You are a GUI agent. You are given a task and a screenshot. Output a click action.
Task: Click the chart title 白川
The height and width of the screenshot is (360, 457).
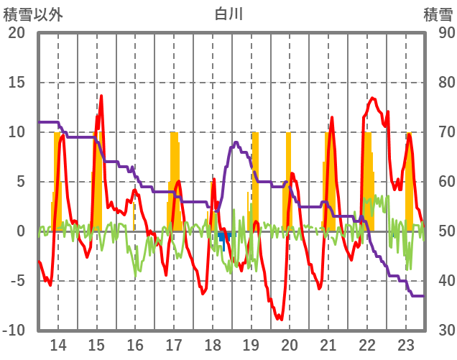click(228, 14)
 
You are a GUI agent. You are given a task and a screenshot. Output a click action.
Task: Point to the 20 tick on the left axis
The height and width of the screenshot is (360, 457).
click(17, 33)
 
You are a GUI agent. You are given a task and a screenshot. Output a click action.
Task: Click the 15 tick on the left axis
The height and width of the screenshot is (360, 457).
click(17, 83)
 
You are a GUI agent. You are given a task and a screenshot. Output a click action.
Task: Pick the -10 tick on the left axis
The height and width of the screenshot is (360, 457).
click(14, 331)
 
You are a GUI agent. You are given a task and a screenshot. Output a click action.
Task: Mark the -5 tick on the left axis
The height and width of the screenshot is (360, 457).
click(17, 281)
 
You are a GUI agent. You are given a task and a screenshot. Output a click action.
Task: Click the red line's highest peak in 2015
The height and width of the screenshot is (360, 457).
click(101, 96)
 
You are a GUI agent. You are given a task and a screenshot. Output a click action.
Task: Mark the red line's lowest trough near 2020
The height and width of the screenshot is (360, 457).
click(281, 319)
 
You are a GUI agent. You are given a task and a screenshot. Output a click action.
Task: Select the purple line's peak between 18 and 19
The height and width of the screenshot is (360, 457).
click(236, 143)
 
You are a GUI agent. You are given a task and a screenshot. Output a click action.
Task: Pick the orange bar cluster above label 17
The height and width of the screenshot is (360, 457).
click(174, 180)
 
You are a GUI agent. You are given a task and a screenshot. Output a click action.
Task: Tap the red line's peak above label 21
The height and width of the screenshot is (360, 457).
click(331, 117)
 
